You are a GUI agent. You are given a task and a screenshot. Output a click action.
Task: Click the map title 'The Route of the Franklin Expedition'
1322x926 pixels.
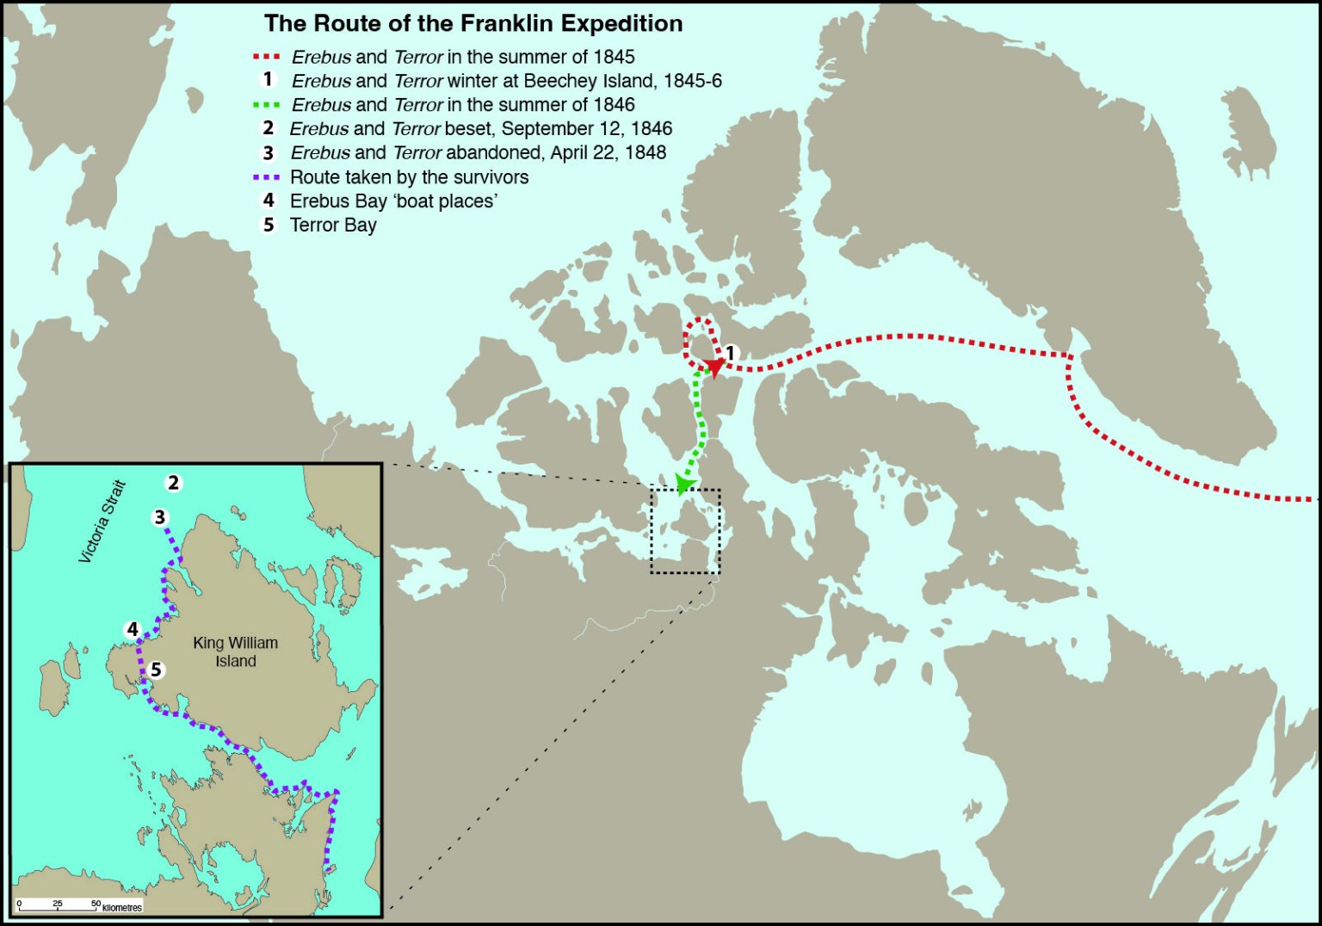click(x=473, y=23)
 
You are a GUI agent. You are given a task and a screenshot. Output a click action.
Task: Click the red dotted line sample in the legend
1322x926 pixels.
click(x=267, y=57)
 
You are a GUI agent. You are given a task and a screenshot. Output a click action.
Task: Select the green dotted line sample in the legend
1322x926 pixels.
click(x=267, y=105)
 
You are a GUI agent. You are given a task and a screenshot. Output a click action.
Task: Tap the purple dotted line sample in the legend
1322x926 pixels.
click(x=267, y=177)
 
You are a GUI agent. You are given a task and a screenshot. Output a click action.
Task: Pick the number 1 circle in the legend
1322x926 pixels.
click(x=269, y=80)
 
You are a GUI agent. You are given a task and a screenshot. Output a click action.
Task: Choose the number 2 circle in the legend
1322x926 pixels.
click(x=269, y=128)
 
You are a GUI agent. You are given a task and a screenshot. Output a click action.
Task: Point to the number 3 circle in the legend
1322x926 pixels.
click(x=269, y=152)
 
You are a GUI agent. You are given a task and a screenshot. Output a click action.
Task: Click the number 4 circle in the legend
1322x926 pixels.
click(x=269, y=201)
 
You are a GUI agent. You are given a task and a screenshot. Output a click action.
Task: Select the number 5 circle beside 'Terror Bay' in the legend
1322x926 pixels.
click(x=269, y=225)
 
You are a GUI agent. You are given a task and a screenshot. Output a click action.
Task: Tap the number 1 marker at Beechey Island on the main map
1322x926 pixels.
click(x=731, y=353)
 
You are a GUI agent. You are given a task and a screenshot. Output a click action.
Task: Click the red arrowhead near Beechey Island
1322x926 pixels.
click(x=714, y=367)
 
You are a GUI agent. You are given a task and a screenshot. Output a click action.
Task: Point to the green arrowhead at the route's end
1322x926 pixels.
click(x=684, y=484)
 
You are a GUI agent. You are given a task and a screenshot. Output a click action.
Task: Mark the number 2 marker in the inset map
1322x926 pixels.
click(x=174, y=483)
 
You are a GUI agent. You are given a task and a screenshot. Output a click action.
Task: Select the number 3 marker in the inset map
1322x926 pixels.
click(x=160, y=517)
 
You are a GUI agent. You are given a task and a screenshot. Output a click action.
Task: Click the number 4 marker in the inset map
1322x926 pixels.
click(x=133, y=630)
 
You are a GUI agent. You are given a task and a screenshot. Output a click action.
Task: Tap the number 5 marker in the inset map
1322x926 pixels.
click(x=156, y=670)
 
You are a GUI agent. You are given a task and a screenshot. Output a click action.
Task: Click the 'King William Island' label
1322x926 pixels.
click(x=235, y=651)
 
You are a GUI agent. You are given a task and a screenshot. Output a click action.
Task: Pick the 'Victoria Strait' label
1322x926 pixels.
click(x=102, y=522)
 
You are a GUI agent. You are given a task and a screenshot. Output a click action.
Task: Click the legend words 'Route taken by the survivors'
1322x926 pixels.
click(x=409, y=177)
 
